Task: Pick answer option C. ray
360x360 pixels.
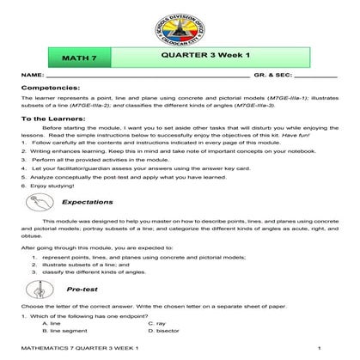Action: (x=156, y=322)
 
